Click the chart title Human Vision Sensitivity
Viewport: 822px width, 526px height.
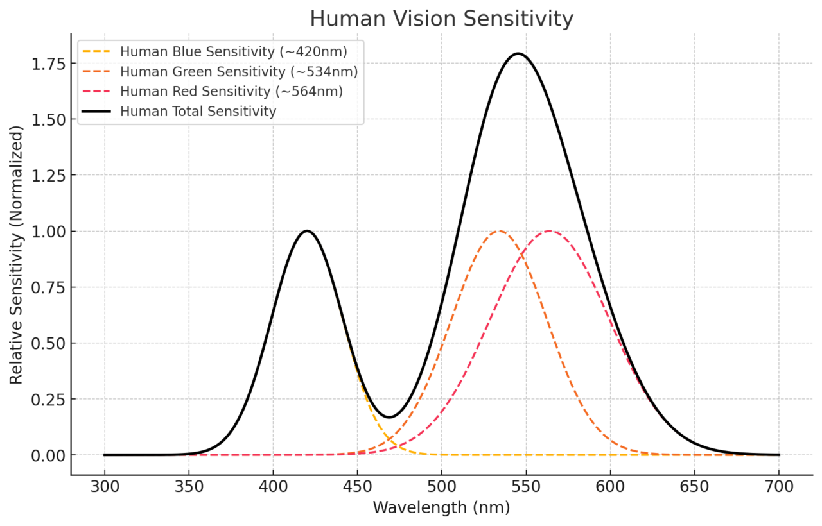click(x=441, y=19)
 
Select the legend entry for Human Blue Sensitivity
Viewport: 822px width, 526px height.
click(x=233, y=51)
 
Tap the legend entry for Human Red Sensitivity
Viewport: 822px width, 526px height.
click(x=231, y=91)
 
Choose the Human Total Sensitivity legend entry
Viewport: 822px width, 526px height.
click(x=198, y=112)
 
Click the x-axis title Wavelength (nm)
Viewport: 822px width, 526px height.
click(x=441, y=508)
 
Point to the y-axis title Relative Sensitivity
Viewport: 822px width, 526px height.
click(x=16, y=255)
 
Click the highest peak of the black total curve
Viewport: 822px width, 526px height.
click(x=518, y=53)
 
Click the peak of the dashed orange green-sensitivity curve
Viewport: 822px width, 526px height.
click(x=499, y=231)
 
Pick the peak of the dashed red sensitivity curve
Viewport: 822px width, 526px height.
click(x=550, y=231)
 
